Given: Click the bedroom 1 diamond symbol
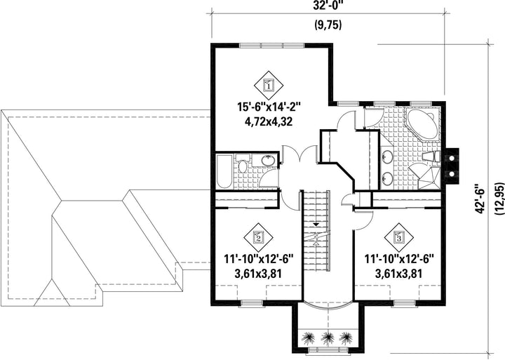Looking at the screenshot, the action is [x=268, y=86].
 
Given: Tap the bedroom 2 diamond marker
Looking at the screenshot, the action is [x=258, y=237].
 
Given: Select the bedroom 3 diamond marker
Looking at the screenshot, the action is [x=398, y=237].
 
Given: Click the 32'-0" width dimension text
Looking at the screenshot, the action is [x=328, y=5].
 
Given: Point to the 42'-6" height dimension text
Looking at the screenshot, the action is [x=480, y=198].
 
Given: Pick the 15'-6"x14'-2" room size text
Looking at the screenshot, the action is [x=269, y=107].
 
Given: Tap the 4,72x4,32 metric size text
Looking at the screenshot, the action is [x=269, y=122].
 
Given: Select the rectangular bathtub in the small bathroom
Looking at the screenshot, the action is [x=224, y=171].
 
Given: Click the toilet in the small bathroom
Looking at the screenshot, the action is [x=243, y=163].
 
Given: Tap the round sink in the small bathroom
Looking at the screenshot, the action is [x=268, y=160].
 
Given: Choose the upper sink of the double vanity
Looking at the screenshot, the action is [x=386, y=158].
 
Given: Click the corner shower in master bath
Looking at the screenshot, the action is [x=428, y=177].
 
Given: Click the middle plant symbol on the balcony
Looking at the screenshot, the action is [x=328, y=338].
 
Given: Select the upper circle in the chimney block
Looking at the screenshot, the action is [x=452, y=158].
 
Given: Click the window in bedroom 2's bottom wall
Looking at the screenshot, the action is [x=251, y=302].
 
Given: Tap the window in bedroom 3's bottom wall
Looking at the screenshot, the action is [x=404, y=302].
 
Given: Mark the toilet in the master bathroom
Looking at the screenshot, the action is [x=431, y=156].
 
